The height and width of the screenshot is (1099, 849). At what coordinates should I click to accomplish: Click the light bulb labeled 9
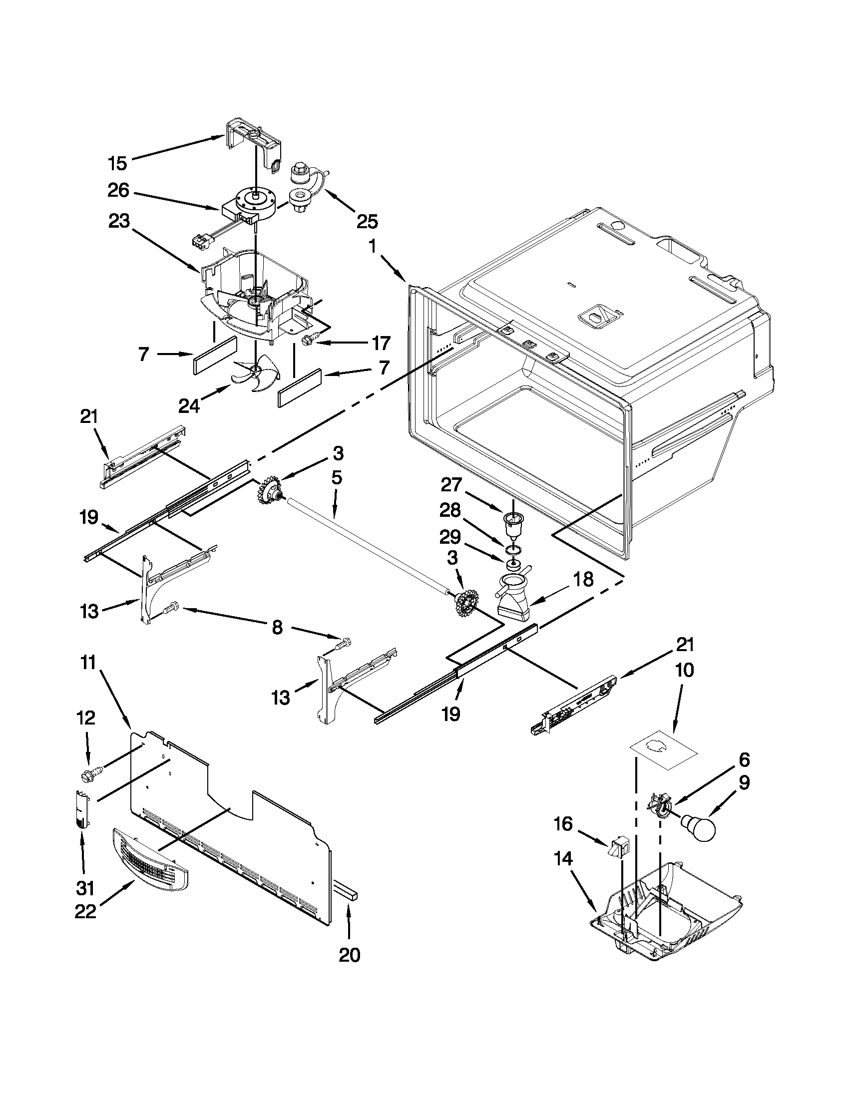699,827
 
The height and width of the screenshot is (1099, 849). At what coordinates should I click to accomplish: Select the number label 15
118,163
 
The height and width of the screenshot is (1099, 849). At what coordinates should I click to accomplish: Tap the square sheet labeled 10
663,753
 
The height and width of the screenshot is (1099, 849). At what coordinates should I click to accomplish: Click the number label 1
373,247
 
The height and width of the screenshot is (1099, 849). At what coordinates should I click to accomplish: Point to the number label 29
450,538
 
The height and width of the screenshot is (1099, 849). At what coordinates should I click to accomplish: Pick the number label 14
563,859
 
